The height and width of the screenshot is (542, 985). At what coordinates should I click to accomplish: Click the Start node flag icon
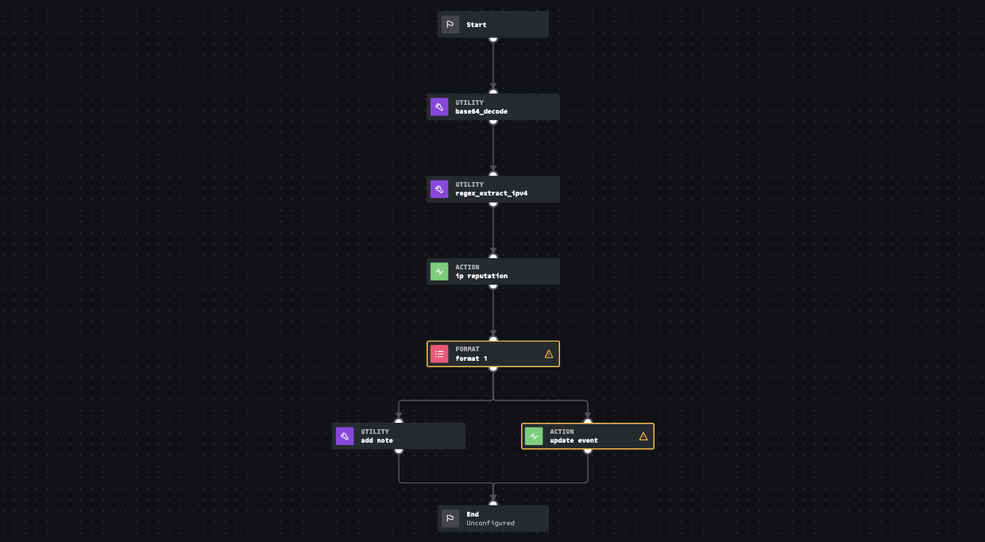click(x=450, y=25)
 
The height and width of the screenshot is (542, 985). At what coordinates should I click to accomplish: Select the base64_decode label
click(x=481, y=111)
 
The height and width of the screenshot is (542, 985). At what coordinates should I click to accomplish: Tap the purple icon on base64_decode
click(x=439, y=106)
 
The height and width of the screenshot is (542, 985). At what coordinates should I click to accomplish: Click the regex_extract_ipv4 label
click(x=491, y=193)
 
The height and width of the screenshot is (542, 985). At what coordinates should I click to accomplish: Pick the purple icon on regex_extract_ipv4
click(x=439, y=189)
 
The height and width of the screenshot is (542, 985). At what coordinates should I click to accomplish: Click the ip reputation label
click(x=481, y=276)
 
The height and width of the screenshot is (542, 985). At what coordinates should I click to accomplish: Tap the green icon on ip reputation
click(x=439, y=271)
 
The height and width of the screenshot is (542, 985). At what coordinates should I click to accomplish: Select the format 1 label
click(x=471, y=358)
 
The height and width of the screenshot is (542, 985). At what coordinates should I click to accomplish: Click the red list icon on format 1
click(x=439, y=354)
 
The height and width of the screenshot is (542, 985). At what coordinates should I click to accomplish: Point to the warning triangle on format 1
click(x=549, y=354)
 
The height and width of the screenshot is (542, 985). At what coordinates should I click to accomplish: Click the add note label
click(x=377, y=440)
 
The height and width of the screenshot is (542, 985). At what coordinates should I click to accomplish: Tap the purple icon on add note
click(x=345, y=436)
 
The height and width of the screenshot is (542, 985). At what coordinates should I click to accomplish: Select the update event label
click(x=574, y=440)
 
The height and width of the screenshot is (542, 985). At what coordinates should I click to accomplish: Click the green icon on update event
click(x=534, y=436)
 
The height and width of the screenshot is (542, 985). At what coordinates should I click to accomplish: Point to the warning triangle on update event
click(x=643, y=436)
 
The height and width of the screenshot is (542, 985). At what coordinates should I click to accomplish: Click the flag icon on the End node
click(x=450, y=518)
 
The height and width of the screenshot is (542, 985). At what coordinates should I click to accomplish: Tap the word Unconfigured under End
click(x=490, y=523)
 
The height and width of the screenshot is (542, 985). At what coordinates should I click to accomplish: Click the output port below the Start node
click(x=493, y=38)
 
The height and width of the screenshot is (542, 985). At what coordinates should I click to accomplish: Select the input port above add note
click(x=399, y=422)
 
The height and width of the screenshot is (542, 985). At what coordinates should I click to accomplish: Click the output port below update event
click(x=588, y=451)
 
